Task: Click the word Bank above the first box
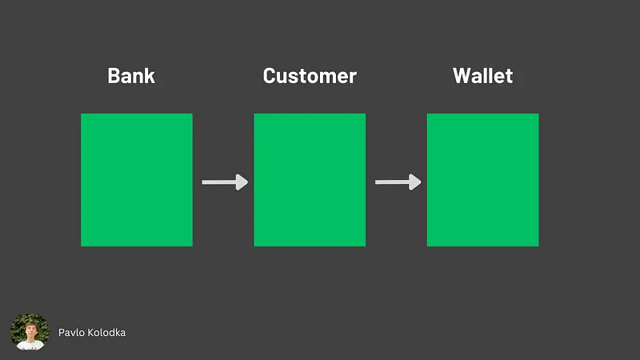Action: pos(131,76)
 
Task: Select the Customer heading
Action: pos(310,76)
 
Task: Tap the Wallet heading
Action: pos(483,76)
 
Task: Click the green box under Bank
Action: pos(137,180)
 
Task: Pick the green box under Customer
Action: pos(310,180)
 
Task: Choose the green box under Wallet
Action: pos(483,180)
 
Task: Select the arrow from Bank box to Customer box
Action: pos(225,182)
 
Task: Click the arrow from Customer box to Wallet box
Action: pos(398,182)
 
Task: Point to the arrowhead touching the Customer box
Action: pos(242,182)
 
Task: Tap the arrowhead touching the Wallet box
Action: pos(415,182)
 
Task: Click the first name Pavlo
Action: pos(70,333)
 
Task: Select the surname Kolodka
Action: pos(105,333)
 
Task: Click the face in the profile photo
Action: pos(31,330)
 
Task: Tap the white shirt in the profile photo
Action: pos(30,345)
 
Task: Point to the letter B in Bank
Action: pos(114,76)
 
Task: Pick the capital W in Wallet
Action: pos(462,76)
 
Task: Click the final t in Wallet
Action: pos(509,76)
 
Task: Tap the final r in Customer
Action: pos(353,78)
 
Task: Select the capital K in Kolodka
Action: pos(86,333)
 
